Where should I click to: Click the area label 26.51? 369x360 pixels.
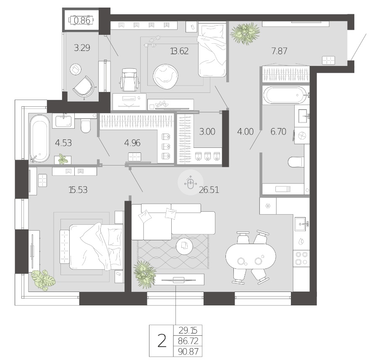209,189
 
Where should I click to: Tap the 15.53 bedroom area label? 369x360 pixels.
78,189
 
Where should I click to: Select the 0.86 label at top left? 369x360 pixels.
82,21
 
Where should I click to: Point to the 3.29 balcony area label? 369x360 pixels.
82,48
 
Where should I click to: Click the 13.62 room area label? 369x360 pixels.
179,51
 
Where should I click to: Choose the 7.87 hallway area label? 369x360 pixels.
279,51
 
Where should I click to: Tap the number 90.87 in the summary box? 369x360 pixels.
188,352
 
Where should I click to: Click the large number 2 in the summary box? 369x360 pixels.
162,341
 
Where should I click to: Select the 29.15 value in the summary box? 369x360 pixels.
188,331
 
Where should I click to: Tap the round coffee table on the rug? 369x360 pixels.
185,246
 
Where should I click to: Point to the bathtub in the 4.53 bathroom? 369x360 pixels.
40,139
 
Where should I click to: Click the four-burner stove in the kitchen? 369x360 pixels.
301,258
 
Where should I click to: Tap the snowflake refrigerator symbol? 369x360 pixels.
268,206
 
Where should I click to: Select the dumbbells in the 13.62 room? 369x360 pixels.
152,41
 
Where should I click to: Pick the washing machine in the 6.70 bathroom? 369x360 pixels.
301,136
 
